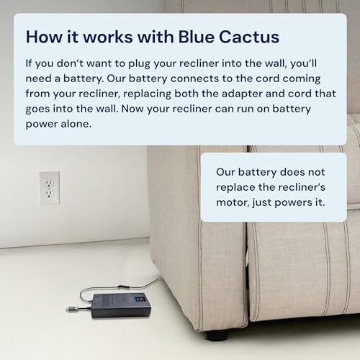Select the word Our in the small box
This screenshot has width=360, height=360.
click(x=227, y=171)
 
